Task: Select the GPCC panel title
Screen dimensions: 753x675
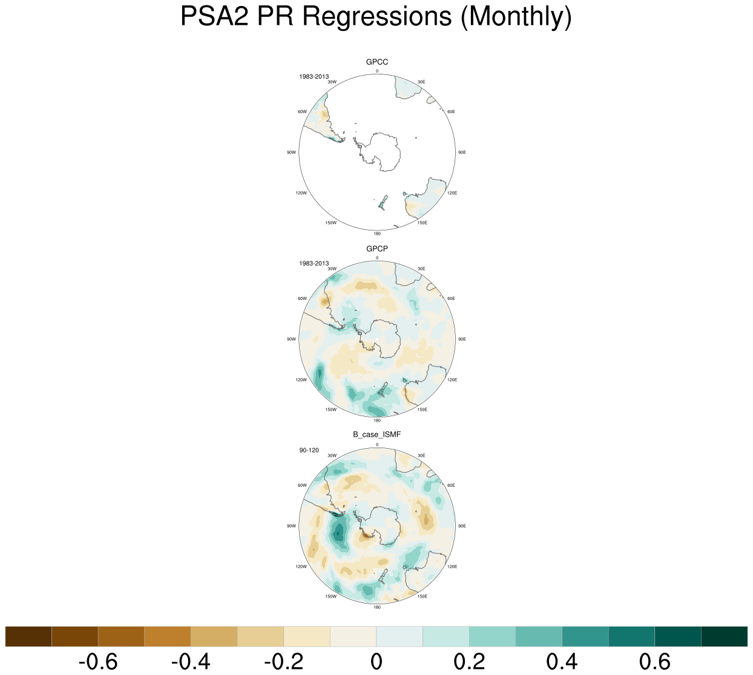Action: (377, 62)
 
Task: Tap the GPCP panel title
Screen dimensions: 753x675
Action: (377, 249)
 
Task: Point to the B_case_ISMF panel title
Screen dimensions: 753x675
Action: (377, 435)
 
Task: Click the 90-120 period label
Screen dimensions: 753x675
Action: (309, 450)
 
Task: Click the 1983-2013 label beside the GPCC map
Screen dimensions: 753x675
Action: (314, 77)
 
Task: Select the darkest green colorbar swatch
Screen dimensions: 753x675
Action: (724, 637)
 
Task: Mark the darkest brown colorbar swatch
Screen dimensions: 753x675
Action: (28, 637)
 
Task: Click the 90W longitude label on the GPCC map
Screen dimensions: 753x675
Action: (291, 152)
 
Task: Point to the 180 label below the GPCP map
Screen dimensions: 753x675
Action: (377, 420)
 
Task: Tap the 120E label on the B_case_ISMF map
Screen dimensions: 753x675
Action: (452, 567)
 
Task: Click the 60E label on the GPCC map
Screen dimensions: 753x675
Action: (451, 112)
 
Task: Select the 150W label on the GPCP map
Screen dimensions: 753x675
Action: (330, 409)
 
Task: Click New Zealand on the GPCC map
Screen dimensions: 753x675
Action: (383, 203)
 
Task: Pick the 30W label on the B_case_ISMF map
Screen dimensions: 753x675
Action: (332, 456)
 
